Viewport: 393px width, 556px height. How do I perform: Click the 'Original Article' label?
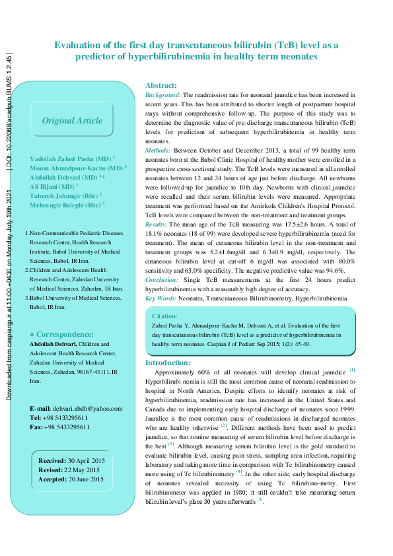tap(72, 121)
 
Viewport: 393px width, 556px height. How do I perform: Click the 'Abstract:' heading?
tap(161, 86)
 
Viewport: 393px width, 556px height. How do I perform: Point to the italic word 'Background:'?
tap(162, 96)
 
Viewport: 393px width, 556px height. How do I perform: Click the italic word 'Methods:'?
tap(158, 151)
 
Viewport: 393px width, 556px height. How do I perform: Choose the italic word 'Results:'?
tap(157, 225)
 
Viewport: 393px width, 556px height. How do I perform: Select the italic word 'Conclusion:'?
tap(162, 281)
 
